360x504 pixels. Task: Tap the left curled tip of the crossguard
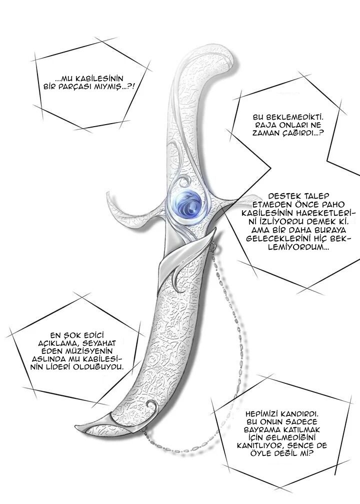109,195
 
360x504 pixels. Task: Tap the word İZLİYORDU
276,221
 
